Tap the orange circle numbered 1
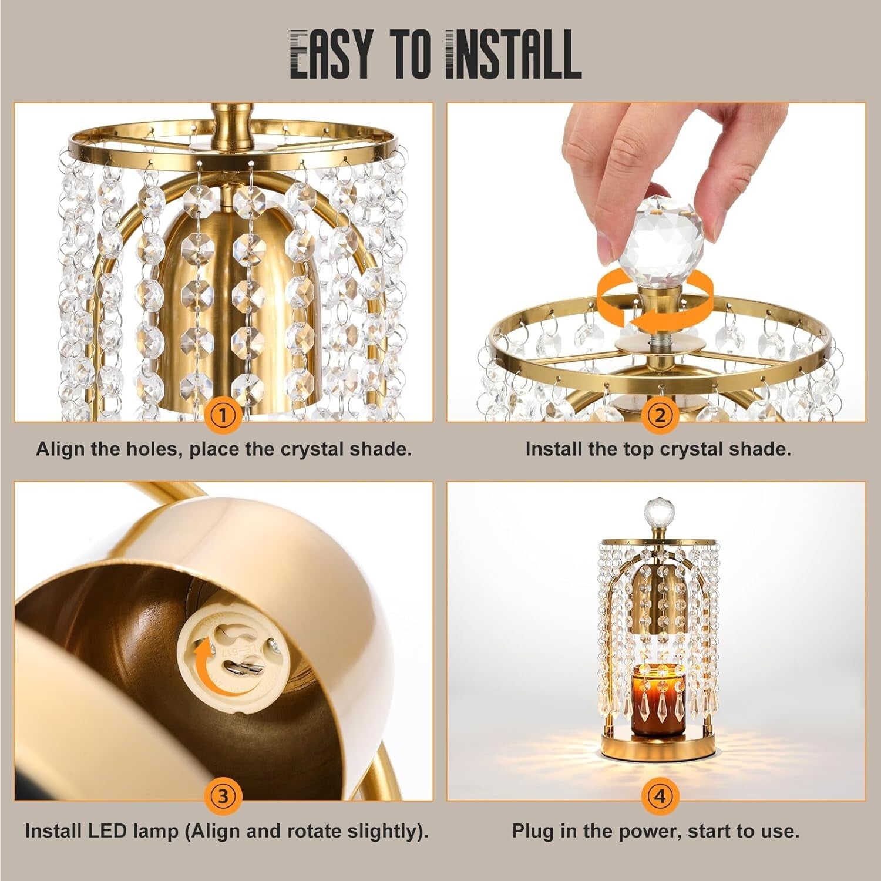[x=223, y=416]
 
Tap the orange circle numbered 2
[x=660, y=416]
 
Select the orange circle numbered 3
[x=223, y=796]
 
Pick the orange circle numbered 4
[x=660, y=796]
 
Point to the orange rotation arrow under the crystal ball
[x=654, y=302]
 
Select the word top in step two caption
[x=624, y=449]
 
